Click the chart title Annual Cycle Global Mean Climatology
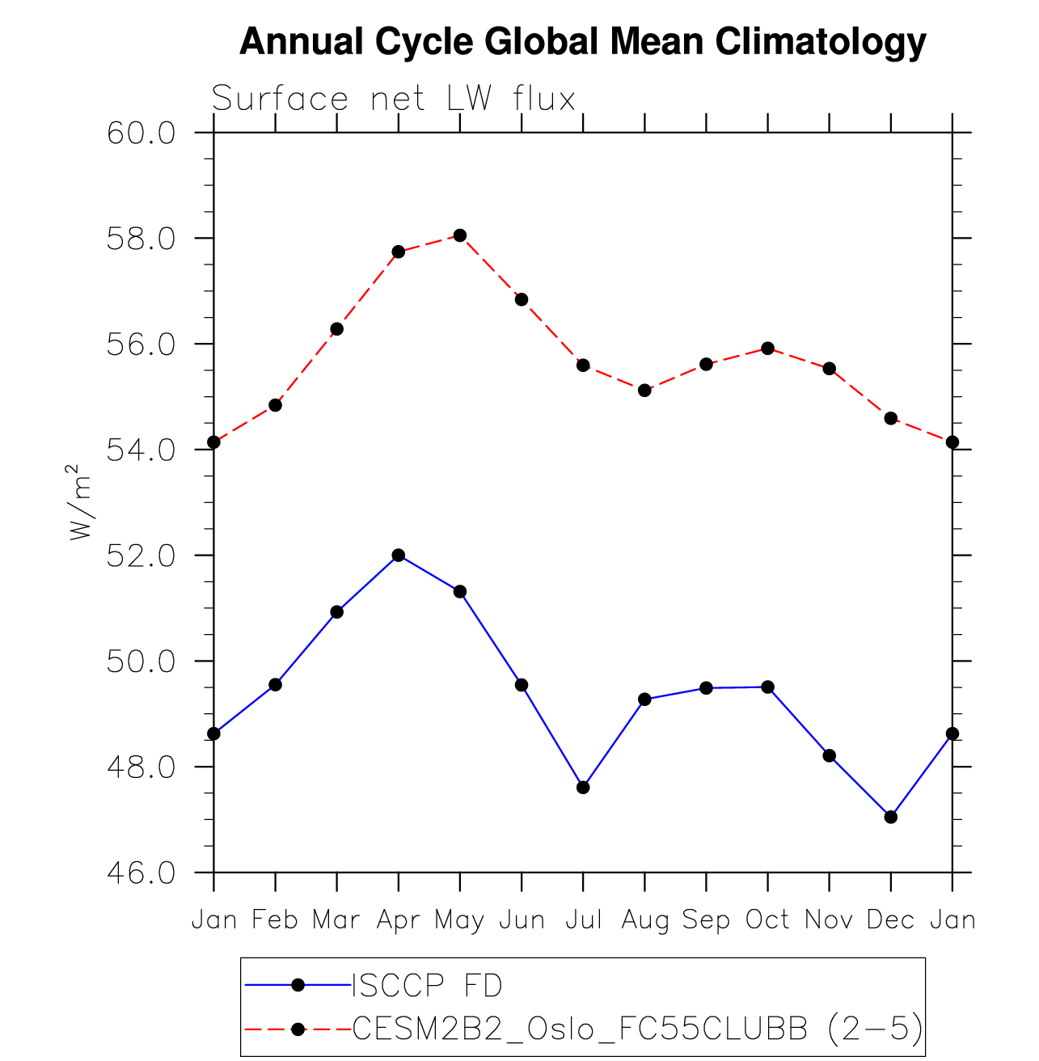582,42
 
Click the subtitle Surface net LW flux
394,99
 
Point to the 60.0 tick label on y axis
141,133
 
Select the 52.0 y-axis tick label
141,556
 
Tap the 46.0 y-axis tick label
141,873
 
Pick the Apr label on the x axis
398,920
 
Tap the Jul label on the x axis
583,920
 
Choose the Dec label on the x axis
890,920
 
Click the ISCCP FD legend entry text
427,986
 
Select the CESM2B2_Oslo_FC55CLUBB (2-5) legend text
637,1029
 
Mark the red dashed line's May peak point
460,235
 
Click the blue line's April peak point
399,555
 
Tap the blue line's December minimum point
891,817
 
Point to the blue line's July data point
583,788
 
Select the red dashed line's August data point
644,391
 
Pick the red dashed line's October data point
768,349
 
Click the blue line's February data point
275,685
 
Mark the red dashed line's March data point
337,329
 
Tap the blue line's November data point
830,755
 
